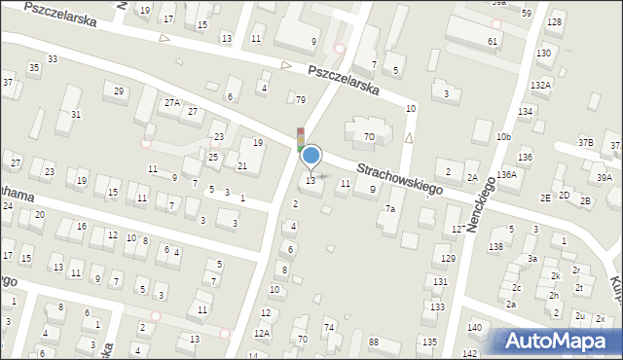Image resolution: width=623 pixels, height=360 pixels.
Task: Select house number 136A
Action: (x=506, y=175)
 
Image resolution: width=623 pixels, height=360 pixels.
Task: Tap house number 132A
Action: (x=540, y=86)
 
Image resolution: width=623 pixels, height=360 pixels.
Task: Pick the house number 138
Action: (x=495, y=246)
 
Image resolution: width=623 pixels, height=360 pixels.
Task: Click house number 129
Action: (x=448, y=258)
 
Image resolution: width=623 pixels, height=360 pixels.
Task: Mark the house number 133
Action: (x=437, y=306)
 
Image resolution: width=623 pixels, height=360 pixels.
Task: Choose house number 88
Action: (x=373, y=341)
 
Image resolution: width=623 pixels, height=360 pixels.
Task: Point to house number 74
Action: (x=329, y=327)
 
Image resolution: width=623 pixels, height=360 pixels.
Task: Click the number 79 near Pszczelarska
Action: (x=301, y=99)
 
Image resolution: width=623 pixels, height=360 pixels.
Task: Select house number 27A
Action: (x=171, y=102)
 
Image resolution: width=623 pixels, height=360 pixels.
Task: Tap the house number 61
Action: (x=493, y=41)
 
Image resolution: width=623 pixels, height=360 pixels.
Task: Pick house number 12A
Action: (x=261, y=333)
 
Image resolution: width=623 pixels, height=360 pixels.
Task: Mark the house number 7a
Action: (x=389, y=209)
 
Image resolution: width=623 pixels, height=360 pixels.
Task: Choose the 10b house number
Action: (x=502, y=137)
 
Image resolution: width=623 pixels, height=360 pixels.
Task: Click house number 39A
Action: (x=605, y=178)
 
